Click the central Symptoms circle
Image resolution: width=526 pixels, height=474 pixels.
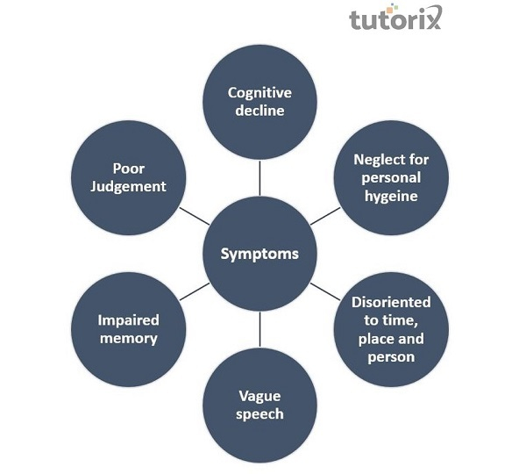coord(259,254)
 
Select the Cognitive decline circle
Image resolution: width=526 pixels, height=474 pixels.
coord(259,102)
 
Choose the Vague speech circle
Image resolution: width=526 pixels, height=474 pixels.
coord(259,406)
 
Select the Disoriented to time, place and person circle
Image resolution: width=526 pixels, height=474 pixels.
coord(391,329)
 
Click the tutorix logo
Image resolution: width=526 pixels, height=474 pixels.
coord(395,18)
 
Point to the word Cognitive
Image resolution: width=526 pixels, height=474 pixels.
coord(259,92)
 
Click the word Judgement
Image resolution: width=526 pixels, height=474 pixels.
coord(128,186)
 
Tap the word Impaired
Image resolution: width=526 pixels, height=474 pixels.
coord(128,320)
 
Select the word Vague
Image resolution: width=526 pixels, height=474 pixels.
coord(259,396)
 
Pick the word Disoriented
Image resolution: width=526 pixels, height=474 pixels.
coord(391,301)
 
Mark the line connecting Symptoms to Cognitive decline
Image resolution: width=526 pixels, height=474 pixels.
coord(259,178)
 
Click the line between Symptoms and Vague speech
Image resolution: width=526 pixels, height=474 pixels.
coord(259,329)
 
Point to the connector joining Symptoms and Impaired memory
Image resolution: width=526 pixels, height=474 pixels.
coord(194,291)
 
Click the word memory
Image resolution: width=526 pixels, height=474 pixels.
coord(128,339)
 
